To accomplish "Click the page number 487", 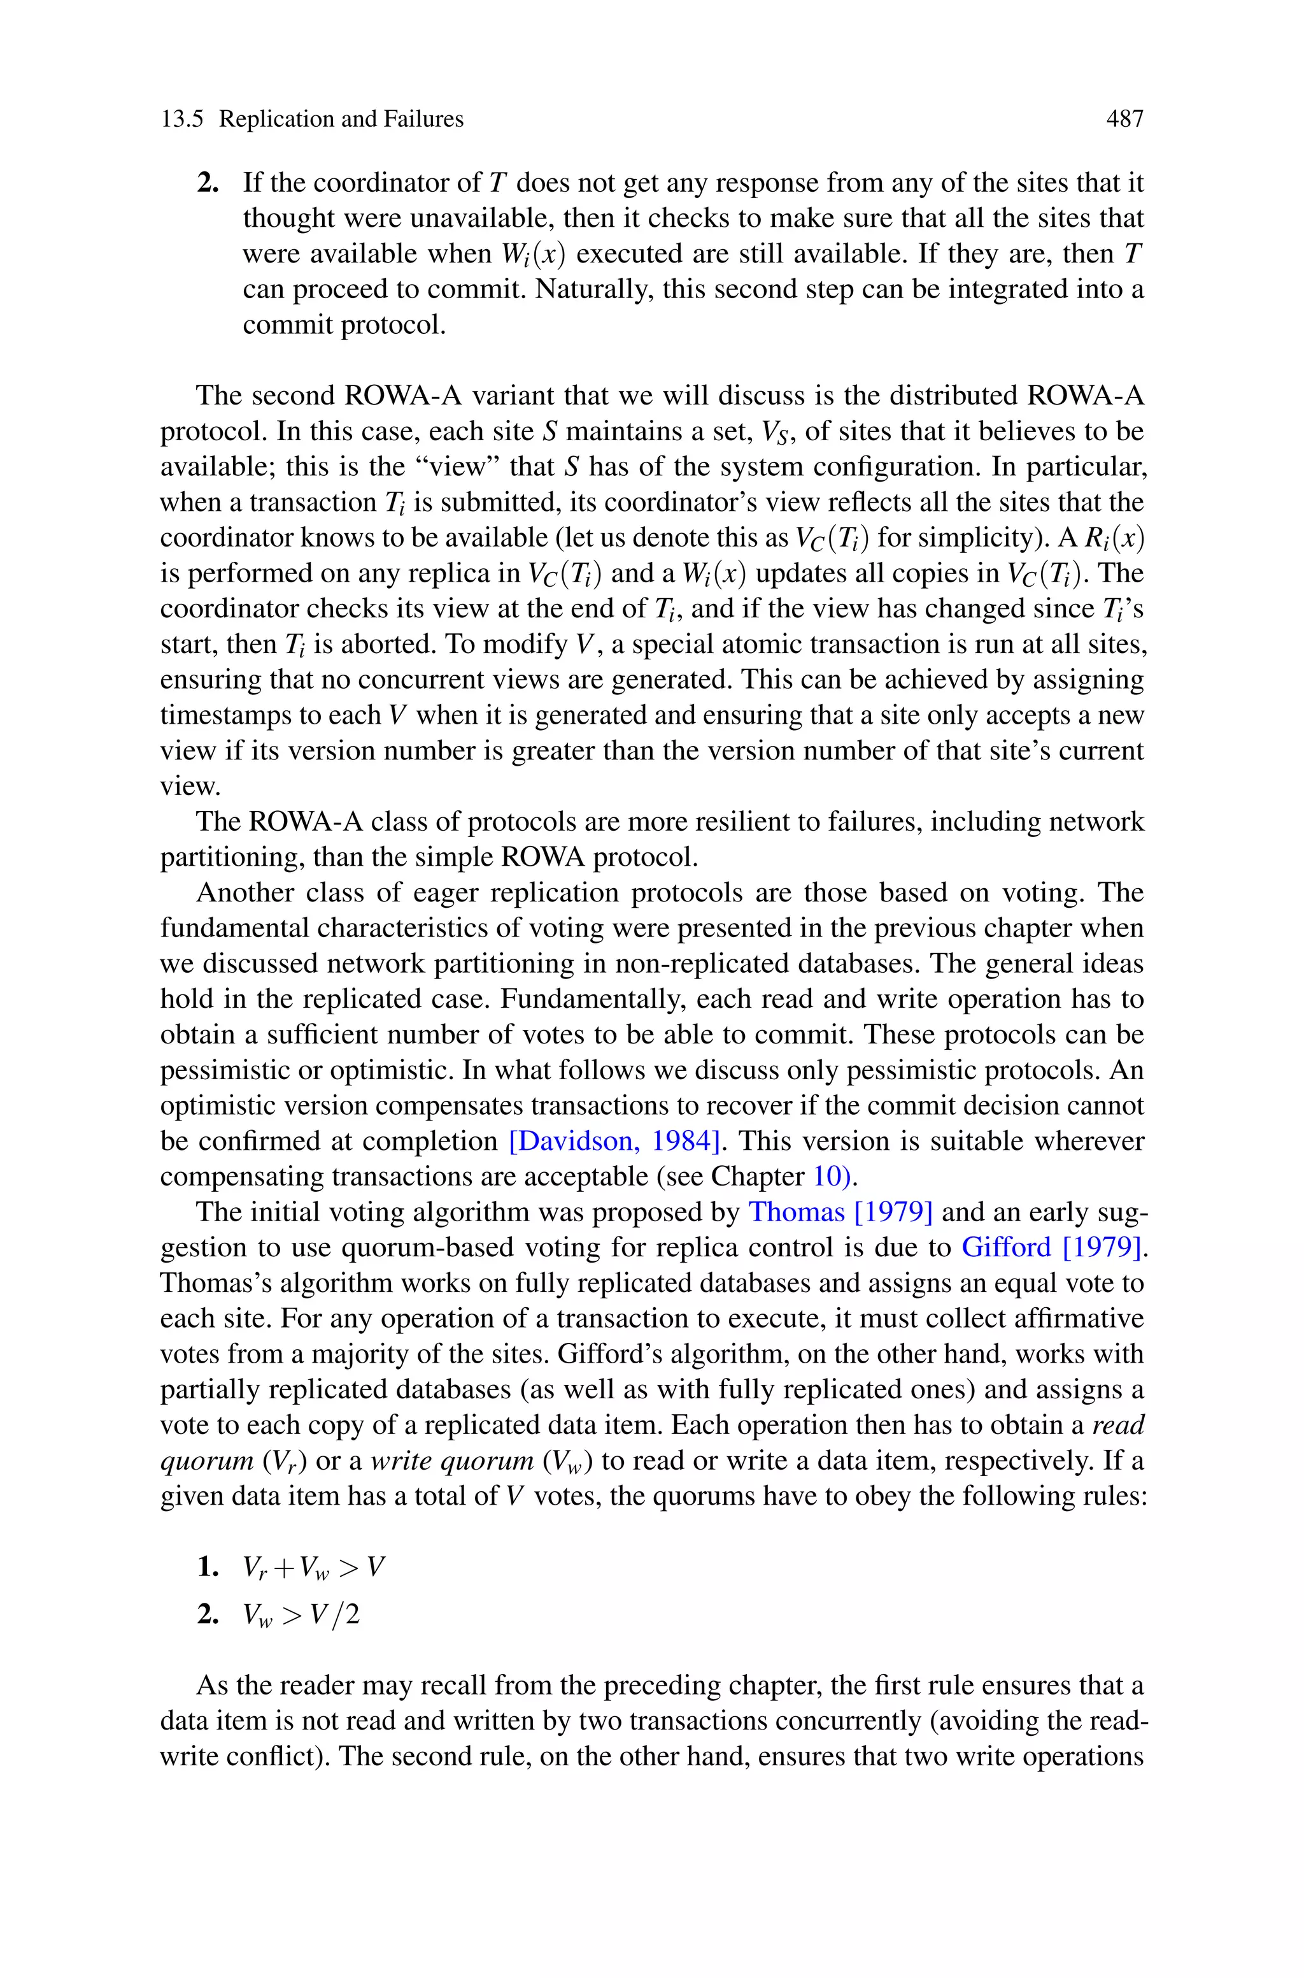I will pyautogui.click(x=1124, y=120).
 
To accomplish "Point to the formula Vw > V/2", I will pyautogui.click(x=301, y=1616).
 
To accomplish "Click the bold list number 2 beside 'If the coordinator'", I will pyautogui.click(x=207, y=183).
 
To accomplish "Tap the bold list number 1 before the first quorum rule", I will pyautogui.click(x=207, y=1568).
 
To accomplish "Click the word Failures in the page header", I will pyautogui.click(x=423, y=120).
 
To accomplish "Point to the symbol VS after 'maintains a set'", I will pyautogui.click(x=777, y=433).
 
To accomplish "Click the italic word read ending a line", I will pyautogui.click(x=1117, y=1426).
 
